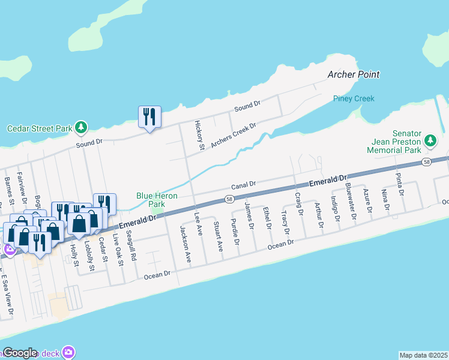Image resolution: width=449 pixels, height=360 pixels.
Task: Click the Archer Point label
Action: click(x=354, y=74)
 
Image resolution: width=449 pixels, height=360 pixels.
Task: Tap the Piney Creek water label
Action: click(x=354, y=98)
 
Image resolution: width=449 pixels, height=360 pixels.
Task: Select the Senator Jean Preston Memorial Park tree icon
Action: click(x=430, y=140)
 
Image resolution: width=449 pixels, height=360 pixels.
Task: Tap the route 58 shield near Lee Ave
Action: click(x=229, y=199)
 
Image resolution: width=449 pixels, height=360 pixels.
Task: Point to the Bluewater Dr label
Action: click(x=351, y=201)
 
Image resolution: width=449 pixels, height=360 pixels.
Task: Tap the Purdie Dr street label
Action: click(x=236, y=235)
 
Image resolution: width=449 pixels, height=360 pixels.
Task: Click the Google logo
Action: click(x=20, y=353)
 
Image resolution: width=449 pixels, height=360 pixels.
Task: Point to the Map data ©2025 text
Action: click(x=423, y=355)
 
